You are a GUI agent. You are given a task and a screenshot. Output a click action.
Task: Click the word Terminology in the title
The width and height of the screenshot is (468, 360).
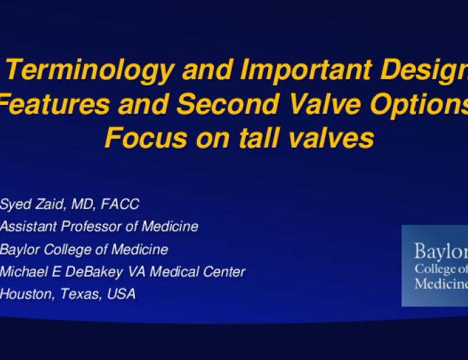pyautogui.click(x=90, y=71)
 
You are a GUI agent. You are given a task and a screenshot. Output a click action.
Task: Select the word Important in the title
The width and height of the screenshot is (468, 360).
pyautogui.click(x=307, y=71)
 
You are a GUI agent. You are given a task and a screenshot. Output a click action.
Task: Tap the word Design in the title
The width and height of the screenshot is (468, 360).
pyautogui.click(x=424, y=71)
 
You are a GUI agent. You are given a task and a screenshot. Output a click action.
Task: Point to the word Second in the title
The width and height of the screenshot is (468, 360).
pyautogui.click(x=228, y=104)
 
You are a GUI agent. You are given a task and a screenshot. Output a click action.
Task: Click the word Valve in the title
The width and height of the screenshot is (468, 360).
pyautogui.click(x=325, y=104)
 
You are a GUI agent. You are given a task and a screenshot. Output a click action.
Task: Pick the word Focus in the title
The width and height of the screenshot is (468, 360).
pyautogui.click(x=146, y=138)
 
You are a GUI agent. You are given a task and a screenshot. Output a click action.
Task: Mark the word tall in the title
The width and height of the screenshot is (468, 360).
pyautogui.click(x=259, y=137)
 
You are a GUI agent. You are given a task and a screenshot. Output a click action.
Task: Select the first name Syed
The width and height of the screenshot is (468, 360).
pyautogui.click(x=16, y=204)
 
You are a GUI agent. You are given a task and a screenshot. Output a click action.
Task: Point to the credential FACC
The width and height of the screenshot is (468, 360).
pyautogui.click(x=120, y=204)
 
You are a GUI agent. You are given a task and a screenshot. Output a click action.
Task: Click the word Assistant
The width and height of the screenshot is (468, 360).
pyautogui.click(x=28, y=227)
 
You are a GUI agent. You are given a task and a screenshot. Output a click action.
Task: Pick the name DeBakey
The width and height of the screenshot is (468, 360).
pyautogui.click(x=94, y=272)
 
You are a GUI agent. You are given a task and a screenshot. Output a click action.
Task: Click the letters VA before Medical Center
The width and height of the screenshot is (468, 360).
pyautogui.click(x=136, y=271)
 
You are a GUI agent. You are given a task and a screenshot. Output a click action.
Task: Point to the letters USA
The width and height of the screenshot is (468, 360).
pyautogui.click(x=121, y=294)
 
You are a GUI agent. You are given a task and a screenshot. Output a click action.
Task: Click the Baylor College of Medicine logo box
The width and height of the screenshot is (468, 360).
pyautogui.click(x=435, y=265)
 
